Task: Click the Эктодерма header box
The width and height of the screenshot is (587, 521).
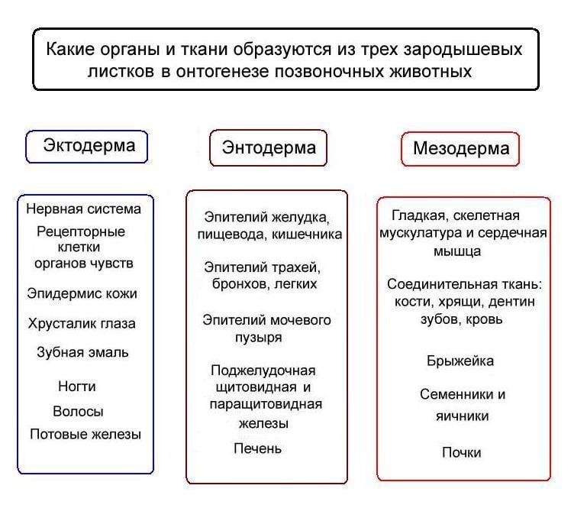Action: point(86,147)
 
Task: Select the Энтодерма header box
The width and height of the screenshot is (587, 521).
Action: point(268,148)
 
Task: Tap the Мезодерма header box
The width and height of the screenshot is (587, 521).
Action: point(460,149)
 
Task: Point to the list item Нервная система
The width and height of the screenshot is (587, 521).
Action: point(83,209)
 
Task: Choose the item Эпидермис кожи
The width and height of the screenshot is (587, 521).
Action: point(82,293)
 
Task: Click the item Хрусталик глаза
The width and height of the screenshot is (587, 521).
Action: point(82,323)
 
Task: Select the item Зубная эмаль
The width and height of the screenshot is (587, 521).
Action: point(82,352)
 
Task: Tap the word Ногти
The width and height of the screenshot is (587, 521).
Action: point(77,386)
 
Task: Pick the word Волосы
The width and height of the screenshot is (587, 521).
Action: point(78,411)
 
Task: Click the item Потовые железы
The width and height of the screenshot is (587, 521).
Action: point(85,434)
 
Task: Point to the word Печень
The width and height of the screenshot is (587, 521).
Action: point(257,448)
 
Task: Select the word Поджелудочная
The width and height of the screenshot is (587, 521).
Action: point(263,371)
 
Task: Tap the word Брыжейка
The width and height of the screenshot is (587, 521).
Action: point(460,361)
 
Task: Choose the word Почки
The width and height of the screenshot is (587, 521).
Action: point(461,452)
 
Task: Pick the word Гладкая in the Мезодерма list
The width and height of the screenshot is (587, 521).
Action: point(420,215)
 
